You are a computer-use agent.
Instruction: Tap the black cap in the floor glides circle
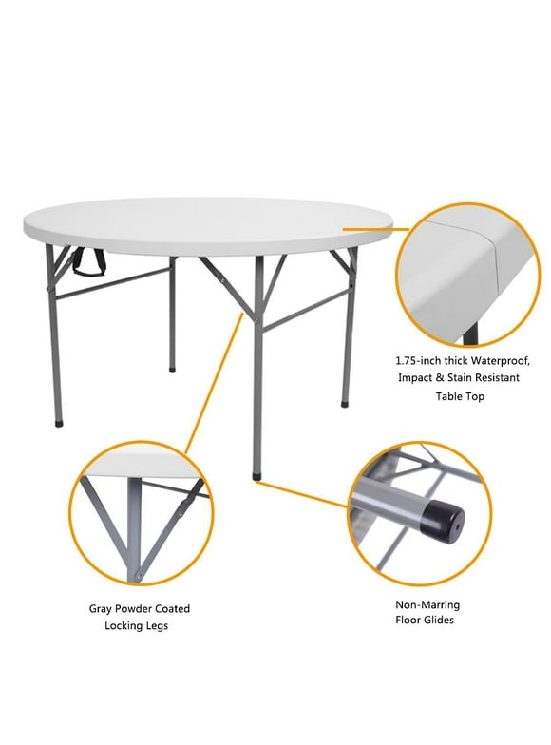point(440,522)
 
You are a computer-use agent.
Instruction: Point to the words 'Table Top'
point(460,396)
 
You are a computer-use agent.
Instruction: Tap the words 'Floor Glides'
point(425,621)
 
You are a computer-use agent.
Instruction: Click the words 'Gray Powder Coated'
point(140,608)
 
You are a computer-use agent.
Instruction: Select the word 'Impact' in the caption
point(413,378)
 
